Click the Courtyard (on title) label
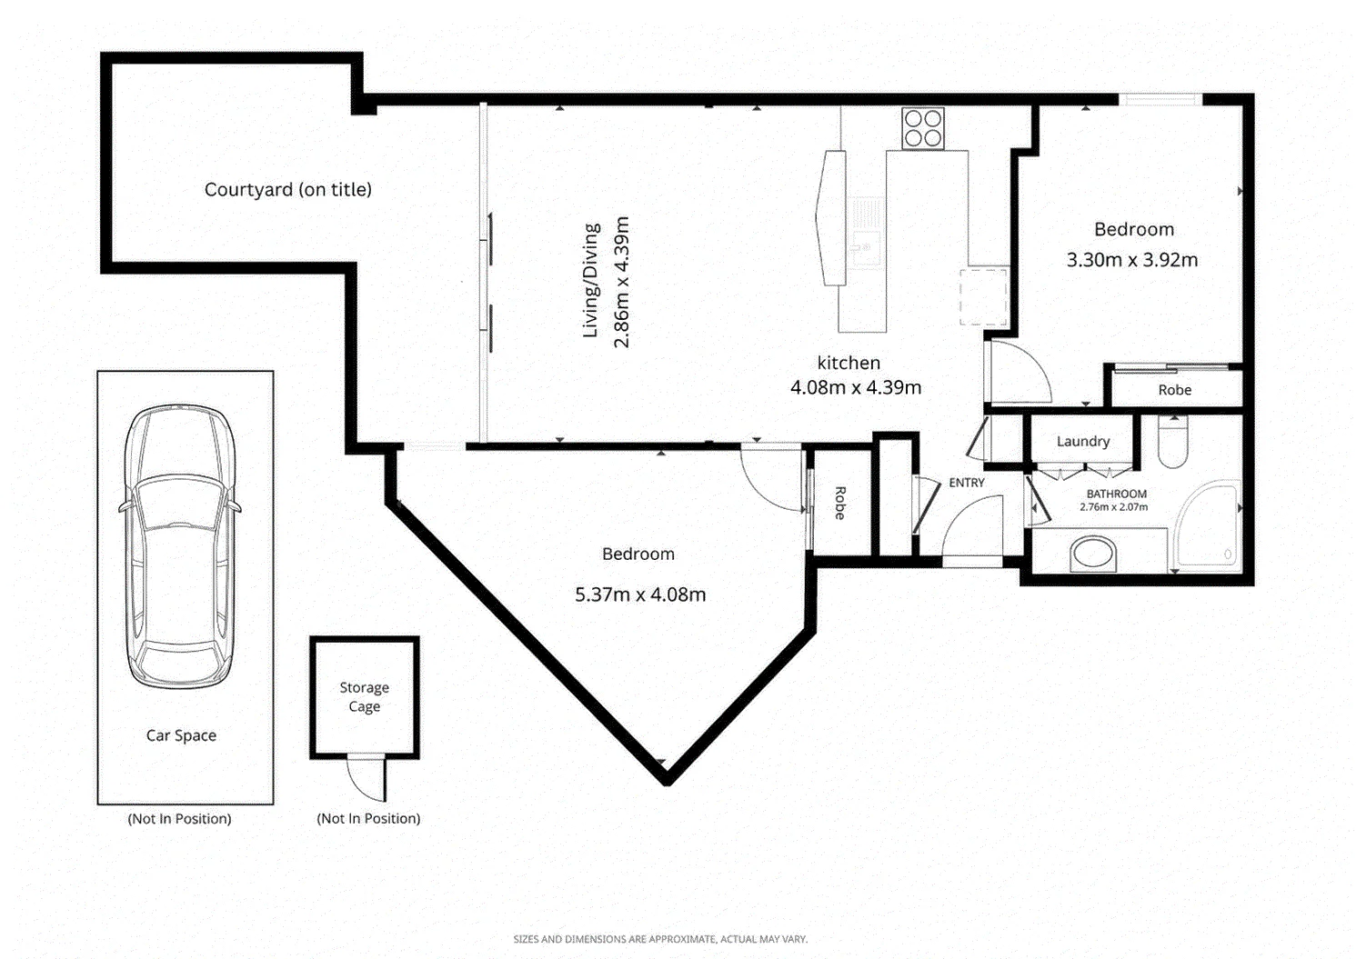287,190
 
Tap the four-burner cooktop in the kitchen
922,128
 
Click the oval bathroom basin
1092,553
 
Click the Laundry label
1083,442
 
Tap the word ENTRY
966,483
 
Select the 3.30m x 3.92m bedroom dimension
1132,260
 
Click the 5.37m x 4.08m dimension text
640,594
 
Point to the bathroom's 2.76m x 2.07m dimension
1114,507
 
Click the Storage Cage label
365,697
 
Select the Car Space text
181,735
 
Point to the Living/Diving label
590,280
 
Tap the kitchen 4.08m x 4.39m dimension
856,388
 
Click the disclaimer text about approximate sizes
660,939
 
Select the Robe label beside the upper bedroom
1174,390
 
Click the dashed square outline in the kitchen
984,297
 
